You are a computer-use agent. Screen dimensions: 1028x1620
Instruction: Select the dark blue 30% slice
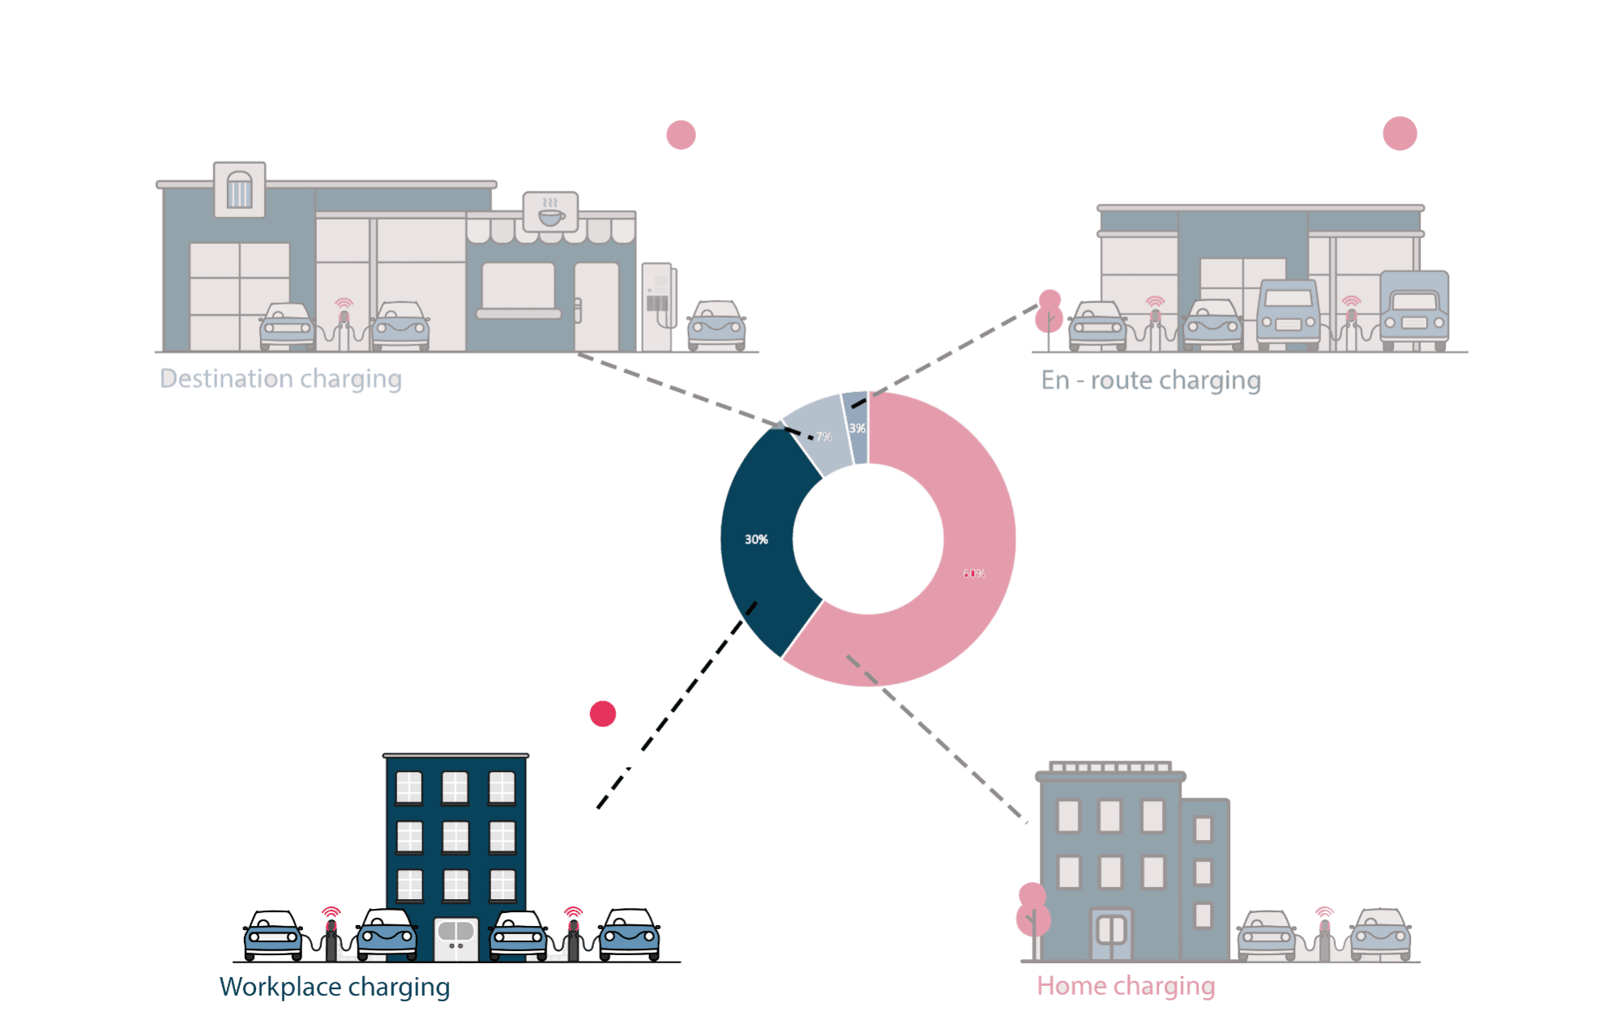click(758, 539)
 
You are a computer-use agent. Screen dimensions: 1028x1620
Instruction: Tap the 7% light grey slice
click(819, 433)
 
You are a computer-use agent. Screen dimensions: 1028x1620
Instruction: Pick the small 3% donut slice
click(857, 428)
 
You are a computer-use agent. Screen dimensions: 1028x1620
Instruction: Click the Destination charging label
click(280, 379)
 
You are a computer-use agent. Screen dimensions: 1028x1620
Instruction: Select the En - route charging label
click(1150, 381)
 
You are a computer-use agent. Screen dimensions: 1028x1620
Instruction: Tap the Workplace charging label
click(334, 987)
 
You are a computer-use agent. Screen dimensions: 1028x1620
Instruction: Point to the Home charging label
click(1126, 986)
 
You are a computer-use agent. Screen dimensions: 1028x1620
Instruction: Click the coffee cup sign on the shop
click(550, 213)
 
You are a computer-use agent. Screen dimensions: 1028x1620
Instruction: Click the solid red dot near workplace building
click(603, 714)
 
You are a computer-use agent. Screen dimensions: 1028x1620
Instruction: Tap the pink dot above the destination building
click(681, 134)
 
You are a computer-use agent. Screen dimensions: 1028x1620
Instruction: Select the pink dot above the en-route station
click(1400, 134)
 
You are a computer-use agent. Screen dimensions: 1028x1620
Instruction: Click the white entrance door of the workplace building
click(455, 938)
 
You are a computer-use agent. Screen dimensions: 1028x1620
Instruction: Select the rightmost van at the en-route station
click(1414, 311)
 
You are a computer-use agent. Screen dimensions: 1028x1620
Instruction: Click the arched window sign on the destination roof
click(239, 190)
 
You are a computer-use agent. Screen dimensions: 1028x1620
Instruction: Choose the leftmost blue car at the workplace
click(273, 935)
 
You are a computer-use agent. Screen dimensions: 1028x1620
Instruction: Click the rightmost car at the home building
click(1380, 935)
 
